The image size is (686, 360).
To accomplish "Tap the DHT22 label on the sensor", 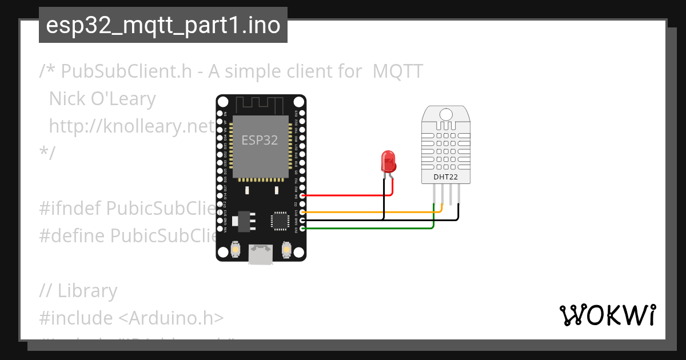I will coord(445,177).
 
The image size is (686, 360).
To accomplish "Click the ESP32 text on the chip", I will coord(260,140).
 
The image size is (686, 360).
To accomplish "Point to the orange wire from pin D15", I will coord(366,212).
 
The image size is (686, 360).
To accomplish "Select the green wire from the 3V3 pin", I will coord(366,229).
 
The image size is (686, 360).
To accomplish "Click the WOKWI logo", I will coord(607,315).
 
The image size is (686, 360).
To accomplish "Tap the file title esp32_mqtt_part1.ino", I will coord(163,26).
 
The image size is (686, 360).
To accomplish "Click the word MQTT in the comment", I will coord(398,71).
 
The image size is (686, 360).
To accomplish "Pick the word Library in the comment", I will coord(87,291).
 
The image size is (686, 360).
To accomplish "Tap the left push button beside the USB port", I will coord(235,250).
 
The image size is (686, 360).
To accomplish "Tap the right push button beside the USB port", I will coord(287,250).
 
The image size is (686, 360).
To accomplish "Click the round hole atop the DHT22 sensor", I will coord(446,115).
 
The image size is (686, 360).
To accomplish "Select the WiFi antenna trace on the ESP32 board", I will coord(261,105).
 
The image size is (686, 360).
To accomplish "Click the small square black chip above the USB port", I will coord(281,221).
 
